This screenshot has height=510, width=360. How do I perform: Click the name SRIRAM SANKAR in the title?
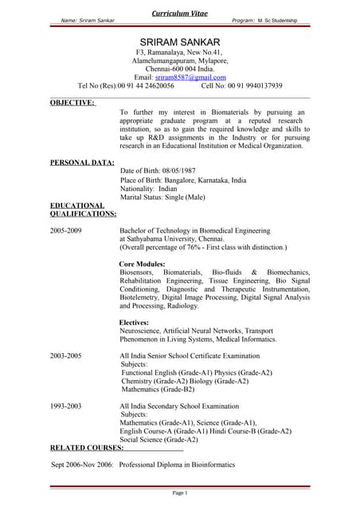[x=180, y=41]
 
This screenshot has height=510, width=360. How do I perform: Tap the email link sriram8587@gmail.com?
[x=185, y=76]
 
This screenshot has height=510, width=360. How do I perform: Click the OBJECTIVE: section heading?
[x=72, y=102]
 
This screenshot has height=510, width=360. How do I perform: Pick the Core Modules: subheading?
[x=142, y=264]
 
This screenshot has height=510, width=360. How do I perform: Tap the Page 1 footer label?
[x=180, y=493]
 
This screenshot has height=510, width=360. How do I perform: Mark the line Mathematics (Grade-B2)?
[x=158, y=389]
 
